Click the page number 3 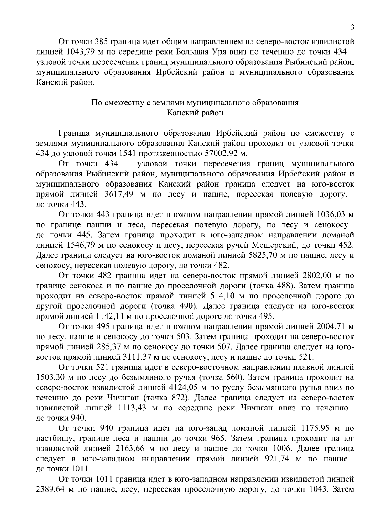pyautogui.click(x=352, y=28)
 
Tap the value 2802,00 pyautogui.click(x=318, y=276)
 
